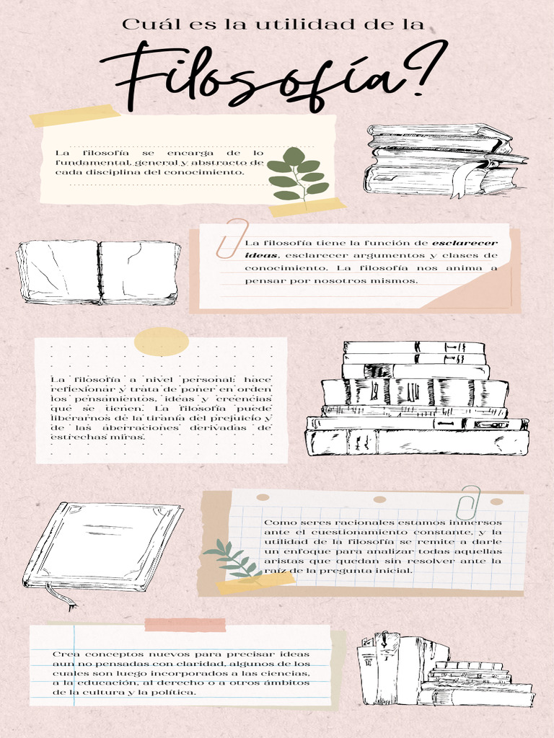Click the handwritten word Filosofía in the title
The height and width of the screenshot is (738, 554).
pyautogui.click(x=255, y=78)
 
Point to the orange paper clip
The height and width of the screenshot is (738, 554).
pyautogui.click(x=232, y=238)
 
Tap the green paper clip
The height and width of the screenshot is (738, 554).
pyautogui.click(x=468, y=502)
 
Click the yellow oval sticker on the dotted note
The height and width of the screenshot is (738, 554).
pyautogui.click(x=162, y=342)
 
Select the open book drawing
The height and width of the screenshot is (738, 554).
pyautogui.click(x=98, y=272)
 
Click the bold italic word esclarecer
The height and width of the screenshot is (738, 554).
pyautogui.click(x=465, y=244)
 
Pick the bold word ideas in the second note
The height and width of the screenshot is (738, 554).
pyautogui.click(x=260, y=256)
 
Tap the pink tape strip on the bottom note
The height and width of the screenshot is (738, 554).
pyautogui.click(x=185, y=625)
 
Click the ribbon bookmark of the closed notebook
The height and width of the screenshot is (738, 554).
pyautogui.click(x=61, y=596)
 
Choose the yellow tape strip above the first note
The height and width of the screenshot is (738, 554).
pyautogui.click(x=75, y=115)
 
